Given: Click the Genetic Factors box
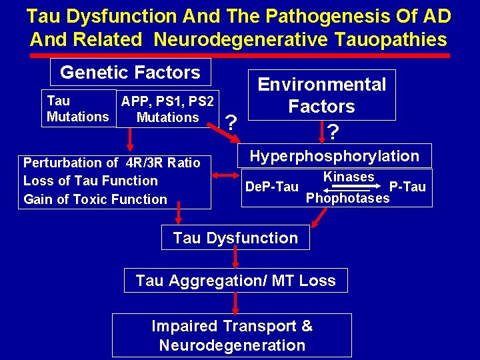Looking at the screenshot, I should pos(130,73).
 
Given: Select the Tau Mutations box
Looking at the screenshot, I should pos(78,109).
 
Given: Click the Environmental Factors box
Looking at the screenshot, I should pos(322,95).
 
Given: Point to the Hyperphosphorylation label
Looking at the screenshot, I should pos(334,156).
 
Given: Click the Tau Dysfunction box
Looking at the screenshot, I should pos(235,238).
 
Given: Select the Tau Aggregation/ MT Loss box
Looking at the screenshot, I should pos(235,281).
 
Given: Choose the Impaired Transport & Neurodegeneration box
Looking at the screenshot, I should pos(232,335).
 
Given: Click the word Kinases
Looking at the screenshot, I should pos(348,177).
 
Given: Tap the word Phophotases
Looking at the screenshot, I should pos(347,198).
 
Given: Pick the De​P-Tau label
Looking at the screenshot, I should pos(271,187).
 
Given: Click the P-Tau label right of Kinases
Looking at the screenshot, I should pos(407,187).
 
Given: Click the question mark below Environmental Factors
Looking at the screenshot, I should pos(332,132).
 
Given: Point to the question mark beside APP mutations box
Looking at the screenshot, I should pos(231,122).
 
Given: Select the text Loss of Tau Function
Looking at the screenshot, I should pos(90,181).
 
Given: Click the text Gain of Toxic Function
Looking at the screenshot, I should pos(95,199).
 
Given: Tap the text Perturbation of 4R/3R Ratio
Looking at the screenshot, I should pos(111,163).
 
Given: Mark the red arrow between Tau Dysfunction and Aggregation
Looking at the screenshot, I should pos(235,259).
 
